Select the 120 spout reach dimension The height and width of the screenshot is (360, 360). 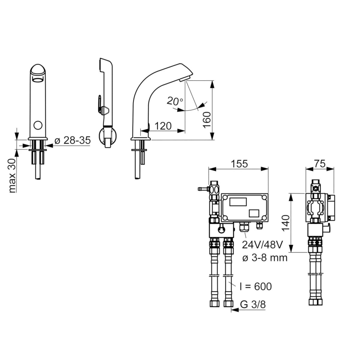coord(163,126)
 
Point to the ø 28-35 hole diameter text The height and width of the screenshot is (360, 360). coord(73,140)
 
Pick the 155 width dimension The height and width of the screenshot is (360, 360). coord(239,164)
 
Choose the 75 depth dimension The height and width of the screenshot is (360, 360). coord(320,163)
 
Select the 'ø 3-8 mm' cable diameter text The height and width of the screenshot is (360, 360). coord(265,258)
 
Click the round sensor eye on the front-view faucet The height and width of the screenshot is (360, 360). coord(38,125)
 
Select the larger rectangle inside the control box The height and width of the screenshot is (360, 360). coord(238,202)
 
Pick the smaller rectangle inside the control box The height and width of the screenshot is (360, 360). coord(254,213)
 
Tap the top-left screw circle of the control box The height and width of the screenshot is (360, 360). coord(226,197)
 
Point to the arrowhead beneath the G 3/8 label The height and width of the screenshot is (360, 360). coord(235,310)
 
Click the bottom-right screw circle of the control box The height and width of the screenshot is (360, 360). coord(264,218)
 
